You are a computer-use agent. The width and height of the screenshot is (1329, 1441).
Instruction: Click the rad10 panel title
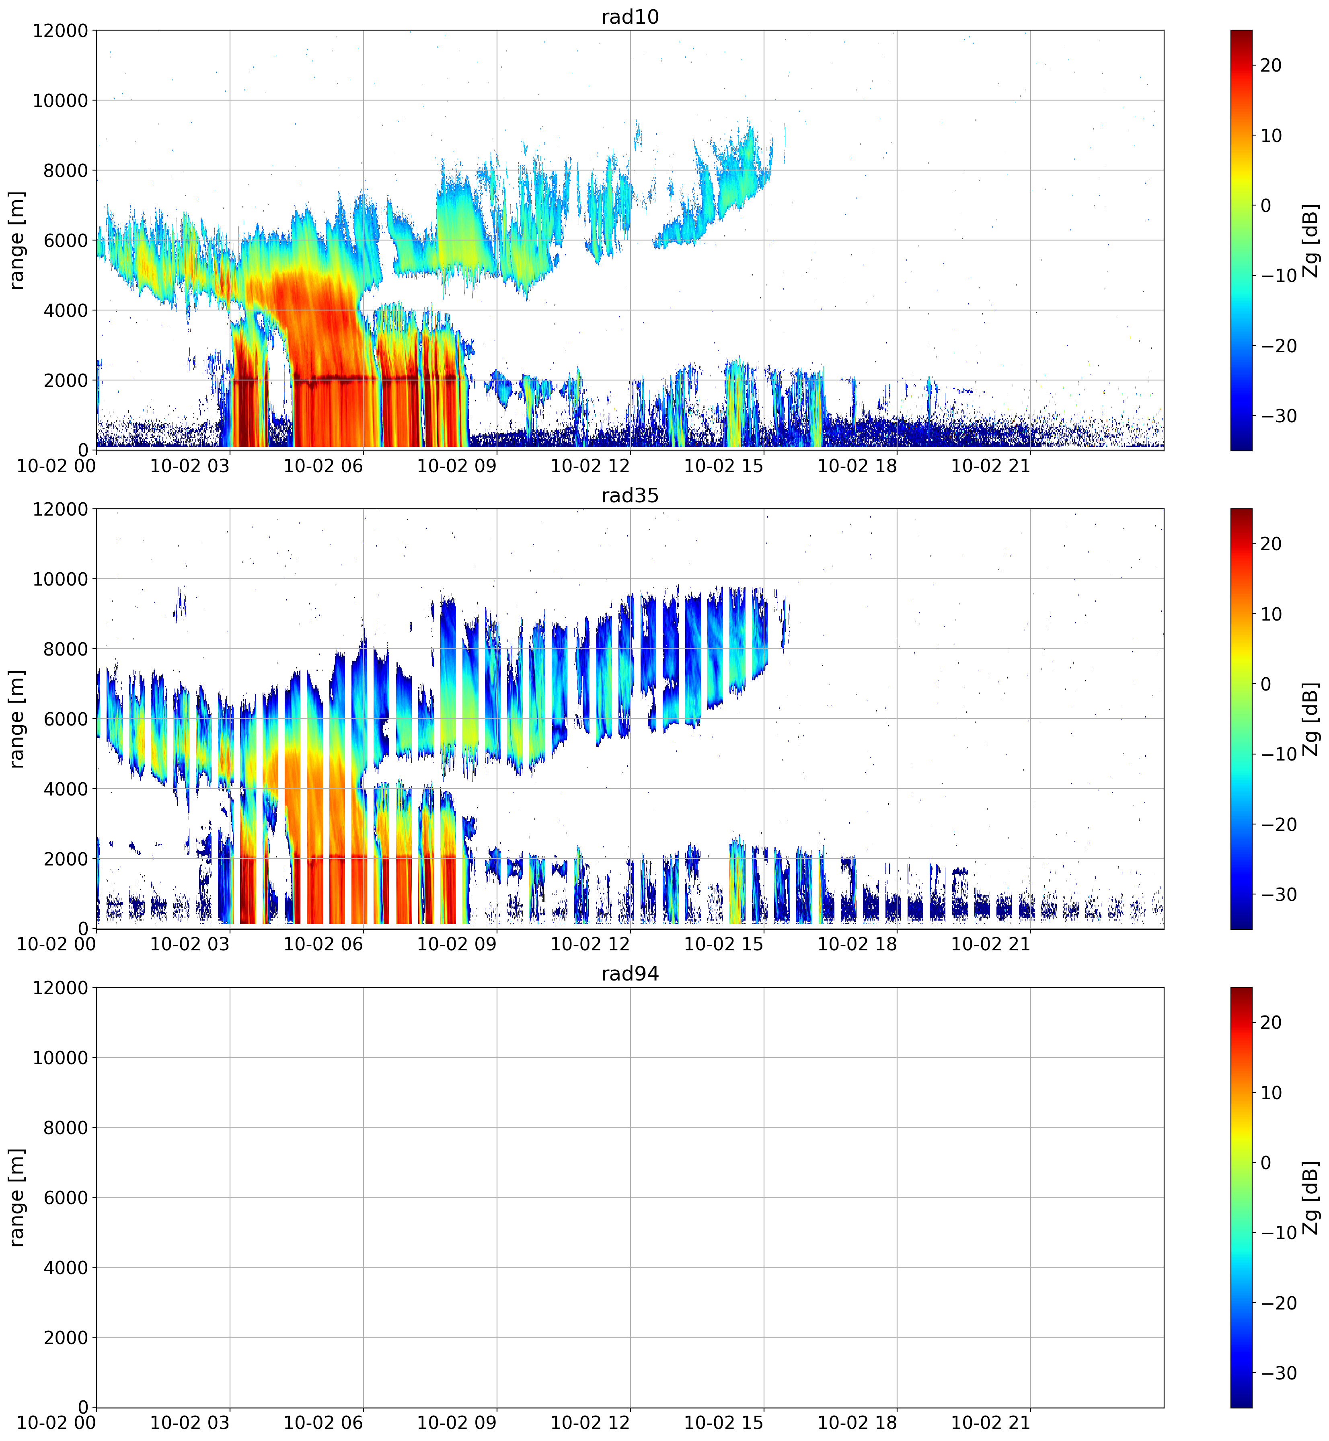pos(630,16)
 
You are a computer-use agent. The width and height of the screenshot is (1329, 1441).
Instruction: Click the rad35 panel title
pos(630,495)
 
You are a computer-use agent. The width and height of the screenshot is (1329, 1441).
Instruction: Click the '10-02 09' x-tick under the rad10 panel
pos(457,466)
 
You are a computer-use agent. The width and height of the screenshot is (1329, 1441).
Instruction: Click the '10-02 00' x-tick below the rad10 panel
pos(56,466)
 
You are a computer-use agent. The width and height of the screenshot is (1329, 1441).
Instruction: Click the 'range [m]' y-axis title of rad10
pos(17,240)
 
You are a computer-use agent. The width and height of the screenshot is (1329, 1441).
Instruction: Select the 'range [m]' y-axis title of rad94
pos(17,1198)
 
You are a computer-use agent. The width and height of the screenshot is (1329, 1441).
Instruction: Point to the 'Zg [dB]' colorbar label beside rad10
pos(1311,240)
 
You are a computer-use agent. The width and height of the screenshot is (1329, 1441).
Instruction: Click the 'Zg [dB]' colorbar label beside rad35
pos(1311,719)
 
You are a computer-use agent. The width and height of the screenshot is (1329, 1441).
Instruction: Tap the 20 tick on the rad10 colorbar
pos(1271,66)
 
